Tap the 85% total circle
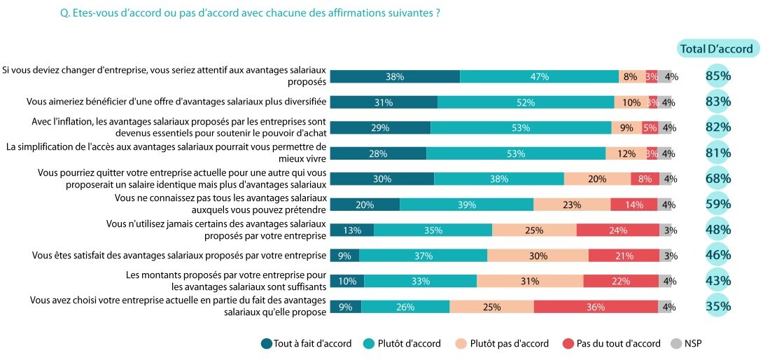pos(718,76)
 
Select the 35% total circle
pos(718,306)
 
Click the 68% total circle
pos(718,179)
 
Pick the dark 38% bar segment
pos(395,77)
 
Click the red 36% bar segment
pos(596,307)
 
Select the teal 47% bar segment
pos(539,77)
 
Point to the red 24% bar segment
pos(618,230)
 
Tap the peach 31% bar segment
pos(530,281)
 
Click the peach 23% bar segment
pos(572,205)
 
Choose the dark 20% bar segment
pos(365,205)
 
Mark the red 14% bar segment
pos(633,205)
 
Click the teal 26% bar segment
pos(405,307)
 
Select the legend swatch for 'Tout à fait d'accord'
pos(267,344)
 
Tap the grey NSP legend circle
pos(675,344)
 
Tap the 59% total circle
pos(718,205)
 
